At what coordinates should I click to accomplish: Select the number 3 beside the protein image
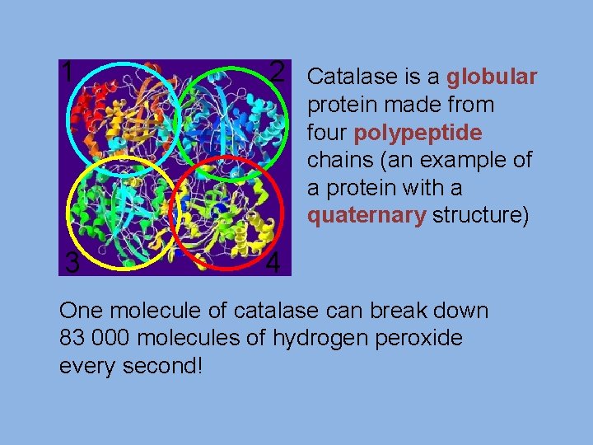(x=72, y=263)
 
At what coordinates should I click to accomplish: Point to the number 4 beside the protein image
(x=275, y=263)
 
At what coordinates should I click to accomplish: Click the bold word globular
(x=492, y=77)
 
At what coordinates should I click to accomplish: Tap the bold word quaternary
(x=366, y=216)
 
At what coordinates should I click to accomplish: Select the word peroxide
(x=421, y=338)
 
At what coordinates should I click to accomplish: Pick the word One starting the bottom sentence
(x=81, y=311)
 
